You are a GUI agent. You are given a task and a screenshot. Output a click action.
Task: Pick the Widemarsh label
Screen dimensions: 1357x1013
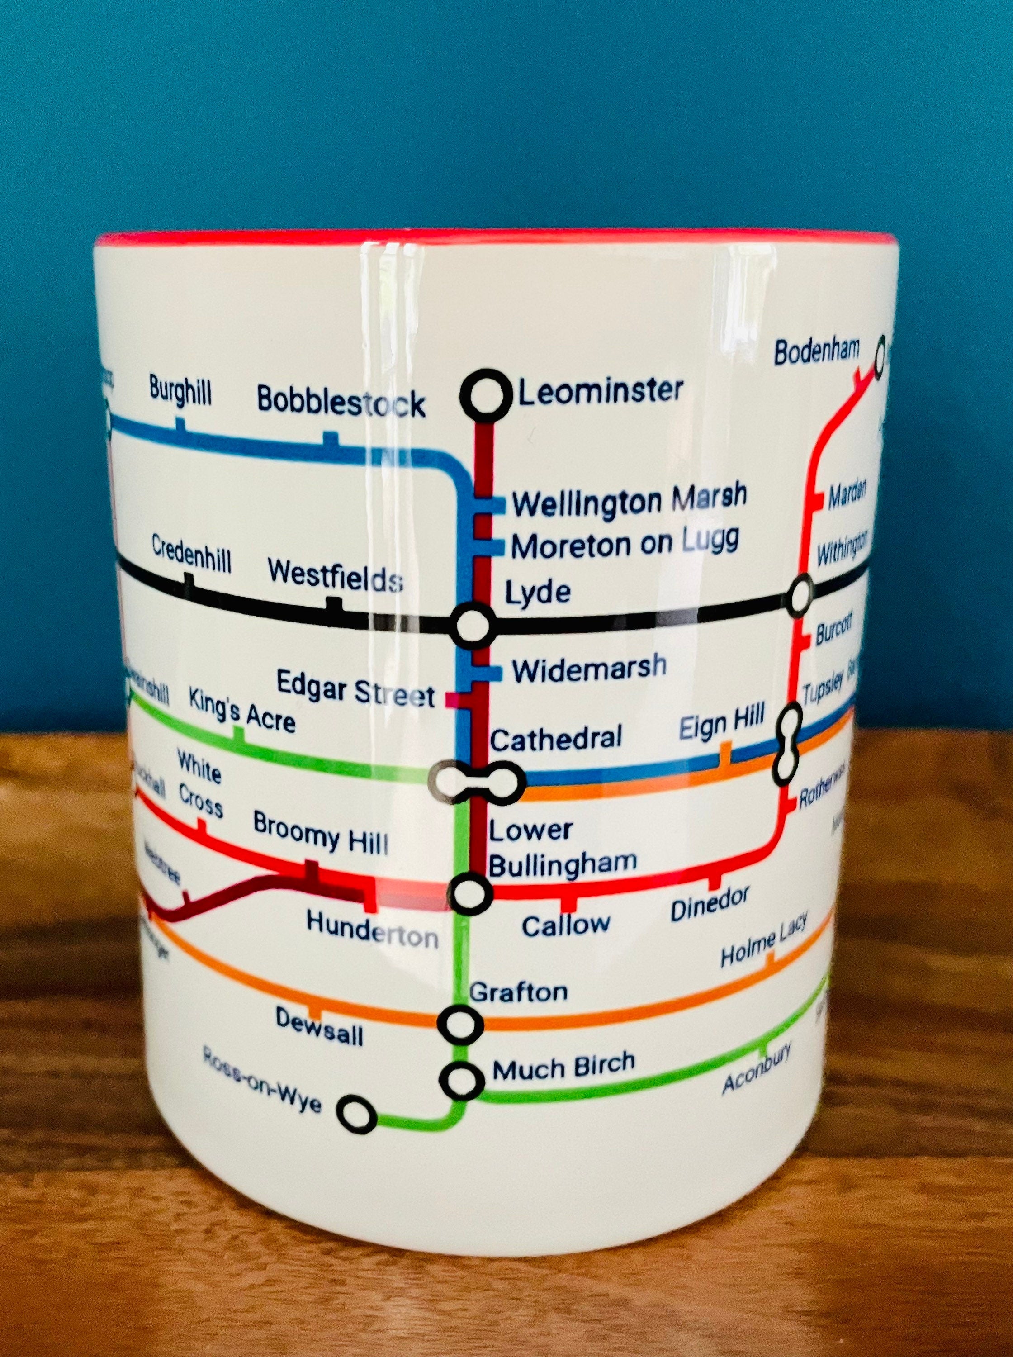[x=589, y=669]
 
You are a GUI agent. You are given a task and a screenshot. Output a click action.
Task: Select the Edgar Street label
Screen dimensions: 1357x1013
[x=355, y=688]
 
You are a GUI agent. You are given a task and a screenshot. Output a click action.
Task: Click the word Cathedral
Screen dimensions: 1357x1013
[x=555, y=738]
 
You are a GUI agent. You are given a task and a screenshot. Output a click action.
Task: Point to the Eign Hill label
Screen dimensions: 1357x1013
[x=722, y=724]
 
